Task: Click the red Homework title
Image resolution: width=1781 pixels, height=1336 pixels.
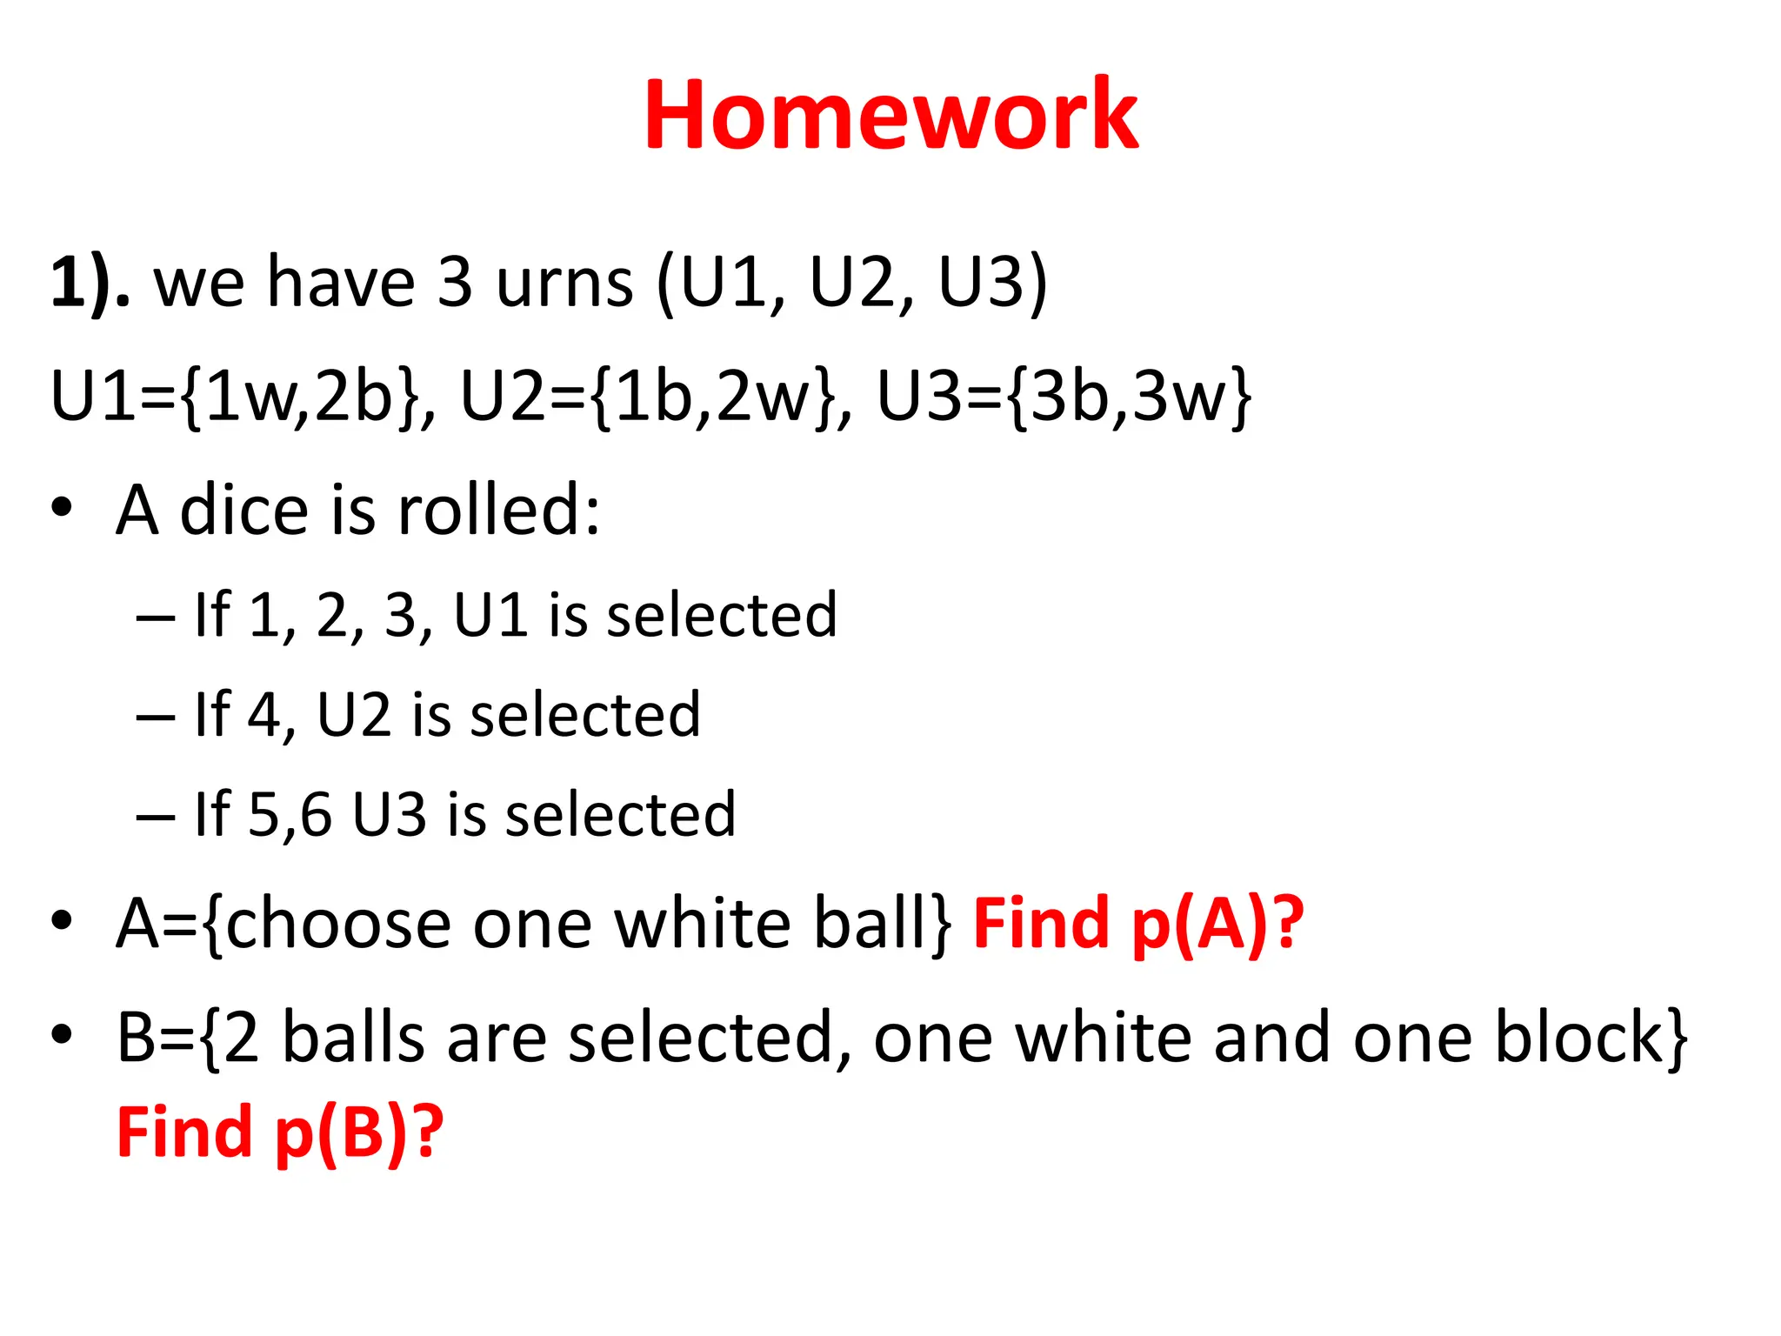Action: (x=890, y=116)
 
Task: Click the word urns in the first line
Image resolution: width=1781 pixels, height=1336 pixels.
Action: (x=564, y=283)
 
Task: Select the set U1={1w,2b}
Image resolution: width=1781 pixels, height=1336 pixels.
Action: (x=235, y=396)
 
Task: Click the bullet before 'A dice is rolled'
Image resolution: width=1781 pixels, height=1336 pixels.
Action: (x=61, y=508)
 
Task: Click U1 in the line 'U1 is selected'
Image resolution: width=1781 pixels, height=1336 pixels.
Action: (x=490, y=616)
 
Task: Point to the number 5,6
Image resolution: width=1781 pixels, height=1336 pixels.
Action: (x=290, y=815)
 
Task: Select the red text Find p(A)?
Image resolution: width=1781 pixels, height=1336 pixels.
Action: (x=1137, y=925)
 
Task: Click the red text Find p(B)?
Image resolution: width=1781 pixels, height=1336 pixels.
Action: (x=280, y=1132)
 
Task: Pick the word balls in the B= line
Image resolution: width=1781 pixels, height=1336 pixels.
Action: (x=354, y=1037)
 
